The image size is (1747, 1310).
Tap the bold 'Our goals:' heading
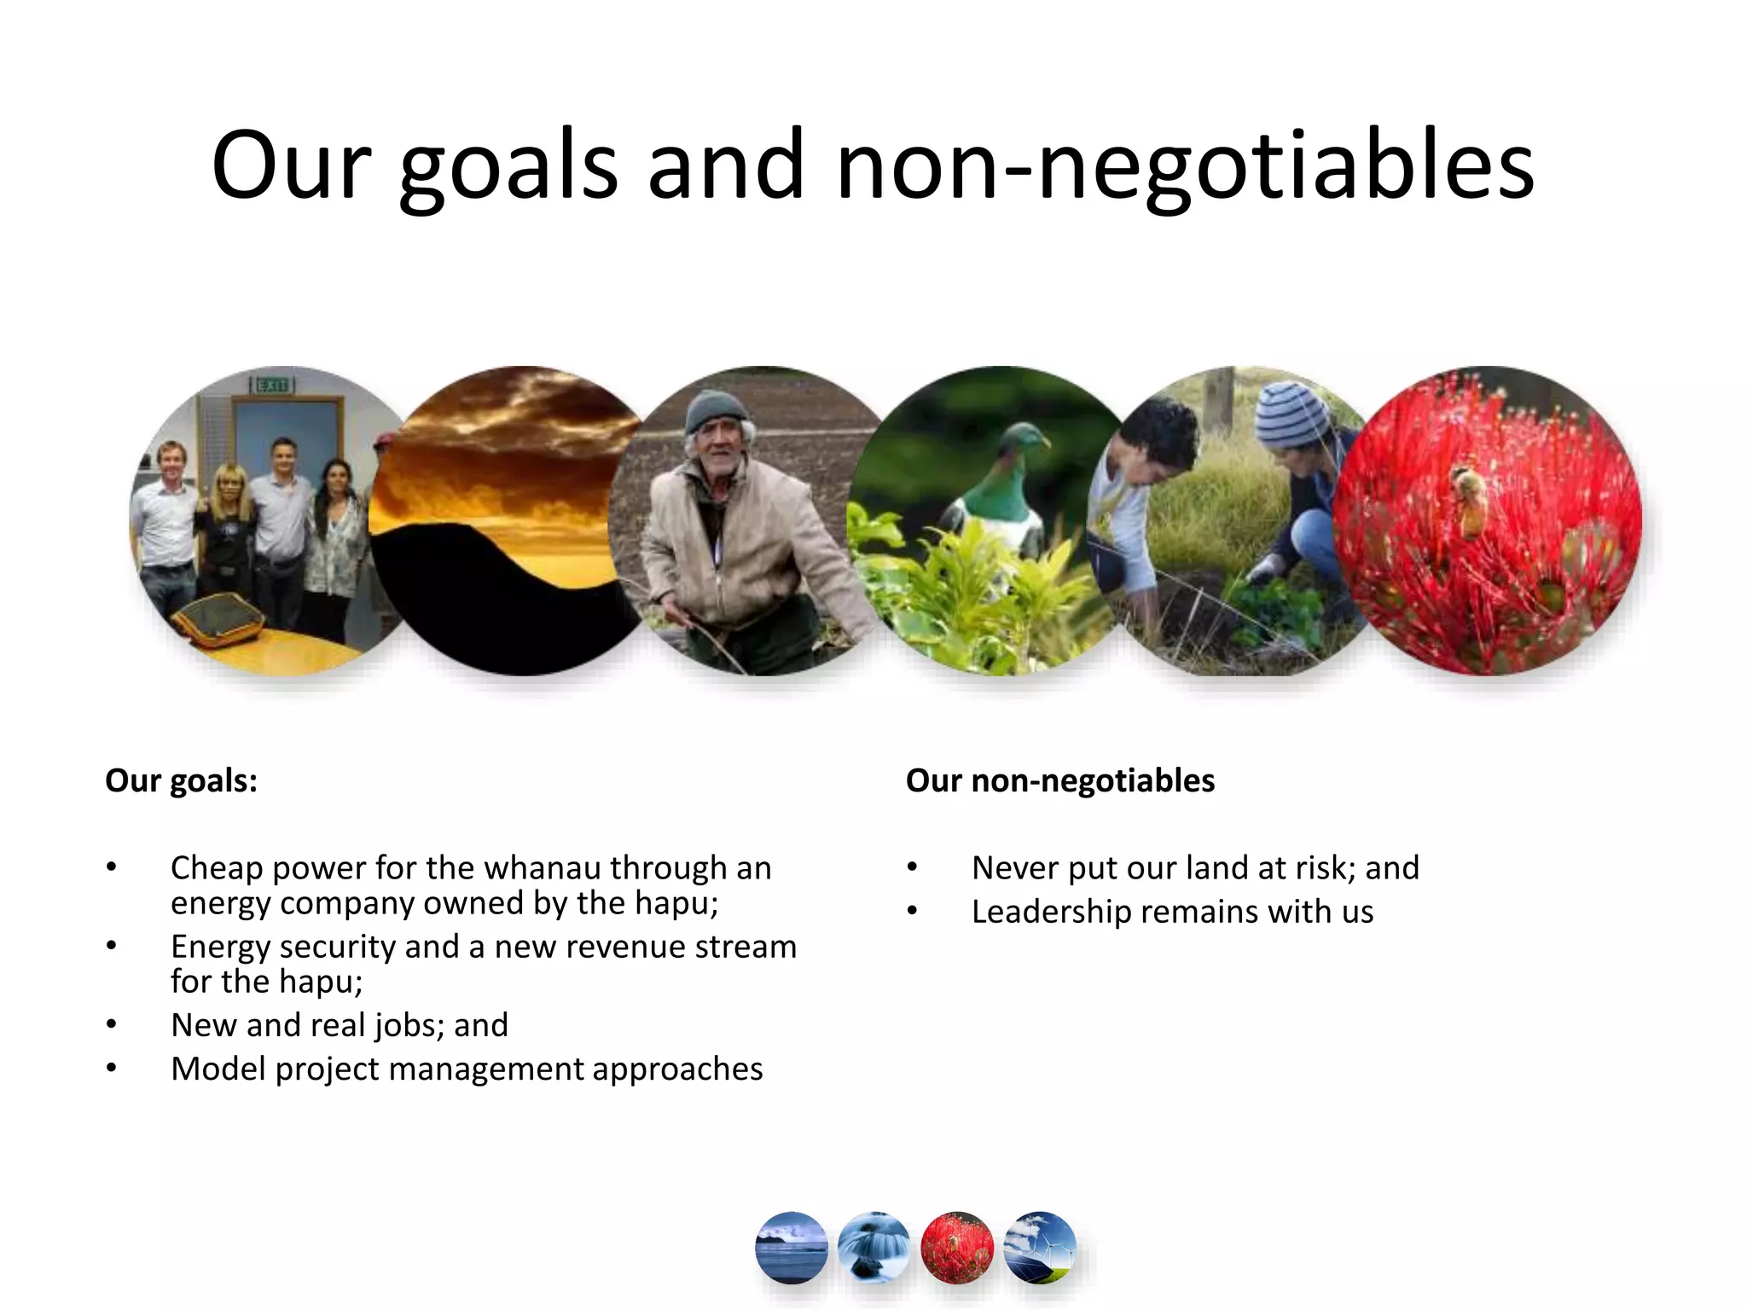(181, 780)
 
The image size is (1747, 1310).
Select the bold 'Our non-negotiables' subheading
(1059, 780)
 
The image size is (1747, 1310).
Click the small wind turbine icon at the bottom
(1039, 1248)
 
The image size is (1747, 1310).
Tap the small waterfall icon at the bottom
(873, 1248)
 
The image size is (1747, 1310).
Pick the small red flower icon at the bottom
(957, 1248)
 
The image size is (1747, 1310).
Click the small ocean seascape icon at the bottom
(791, 1248)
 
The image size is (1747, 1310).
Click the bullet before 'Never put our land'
(912, 868)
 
